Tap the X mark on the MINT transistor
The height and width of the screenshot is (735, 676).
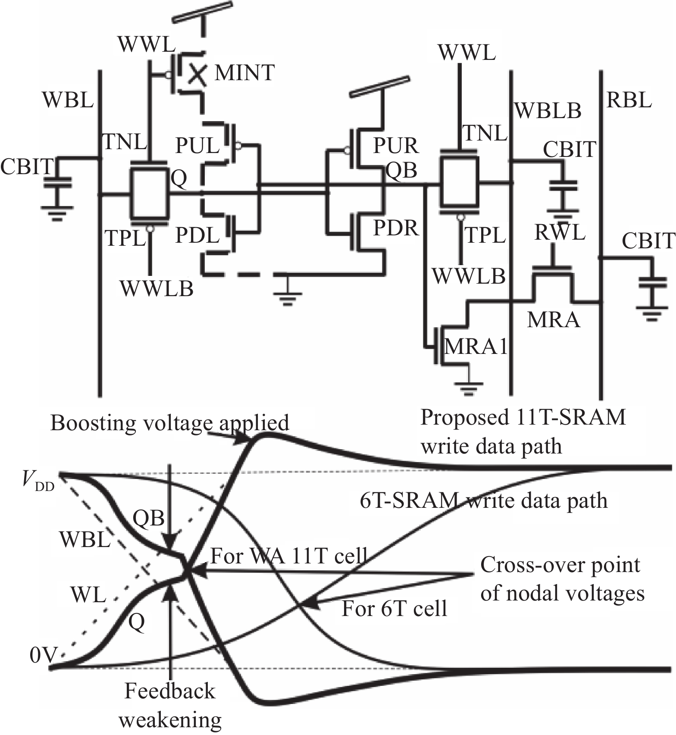(197, 74)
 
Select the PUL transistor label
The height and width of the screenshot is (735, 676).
(197, 146)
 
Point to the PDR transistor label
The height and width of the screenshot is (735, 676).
(396, 228)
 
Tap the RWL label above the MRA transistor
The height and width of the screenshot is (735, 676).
(560, 232)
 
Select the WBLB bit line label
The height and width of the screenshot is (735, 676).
(548, 111)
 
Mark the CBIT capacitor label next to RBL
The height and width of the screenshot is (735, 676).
(648, 241)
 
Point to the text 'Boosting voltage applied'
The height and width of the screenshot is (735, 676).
(169, 423)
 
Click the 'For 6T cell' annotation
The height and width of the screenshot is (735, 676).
(394, 609)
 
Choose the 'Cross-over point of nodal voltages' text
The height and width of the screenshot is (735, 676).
(562, 579)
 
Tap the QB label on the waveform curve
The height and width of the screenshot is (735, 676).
(148, 518)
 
